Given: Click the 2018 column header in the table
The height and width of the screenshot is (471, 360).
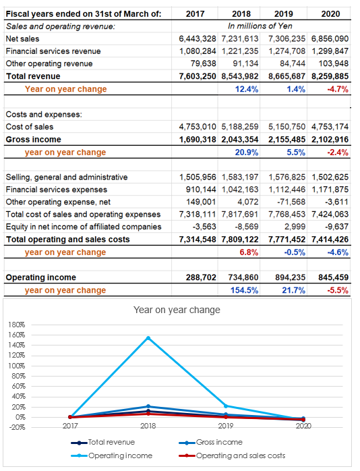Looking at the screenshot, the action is pos(241,13).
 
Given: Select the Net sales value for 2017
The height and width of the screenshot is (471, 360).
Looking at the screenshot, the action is pos(198,38).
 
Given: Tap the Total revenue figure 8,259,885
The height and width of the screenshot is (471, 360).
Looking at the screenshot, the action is pos(330,76).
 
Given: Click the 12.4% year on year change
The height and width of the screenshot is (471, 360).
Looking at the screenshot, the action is pos(247,89).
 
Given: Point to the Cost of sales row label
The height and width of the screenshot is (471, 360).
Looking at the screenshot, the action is pos(30,127).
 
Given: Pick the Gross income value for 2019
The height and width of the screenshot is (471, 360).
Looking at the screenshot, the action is pos(287,140).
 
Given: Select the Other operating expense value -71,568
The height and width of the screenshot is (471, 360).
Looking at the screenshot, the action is pos(291,202).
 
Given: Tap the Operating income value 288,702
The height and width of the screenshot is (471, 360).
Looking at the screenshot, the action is pos(201,277).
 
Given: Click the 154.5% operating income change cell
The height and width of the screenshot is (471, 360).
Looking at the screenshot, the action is pos(244,290).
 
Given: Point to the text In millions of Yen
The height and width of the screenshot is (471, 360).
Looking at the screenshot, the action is pos(260,26).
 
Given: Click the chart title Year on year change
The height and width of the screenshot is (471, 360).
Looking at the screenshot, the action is pos(177,310).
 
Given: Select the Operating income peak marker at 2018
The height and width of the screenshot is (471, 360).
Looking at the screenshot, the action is pos(148,338).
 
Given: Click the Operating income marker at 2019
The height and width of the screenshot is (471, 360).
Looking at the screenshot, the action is pos(226,406).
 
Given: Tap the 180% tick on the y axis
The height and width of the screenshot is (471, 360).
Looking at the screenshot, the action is pos(17,325).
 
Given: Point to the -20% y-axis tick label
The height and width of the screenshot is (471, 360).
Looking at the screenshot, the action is pos(17,427).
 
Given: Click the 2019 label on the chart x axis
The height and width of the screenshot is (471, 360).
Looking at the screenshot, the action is pos(226,426).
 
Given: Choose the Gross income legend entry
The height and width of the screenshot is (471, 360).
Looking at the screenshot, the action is pos(210,442).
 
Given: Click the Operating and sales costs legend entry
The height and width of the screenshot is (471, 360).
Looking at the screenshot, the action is pos(232,455).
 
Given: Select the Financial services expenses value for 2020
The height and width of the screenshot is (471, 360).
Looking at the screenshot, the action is pos(330,190).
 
